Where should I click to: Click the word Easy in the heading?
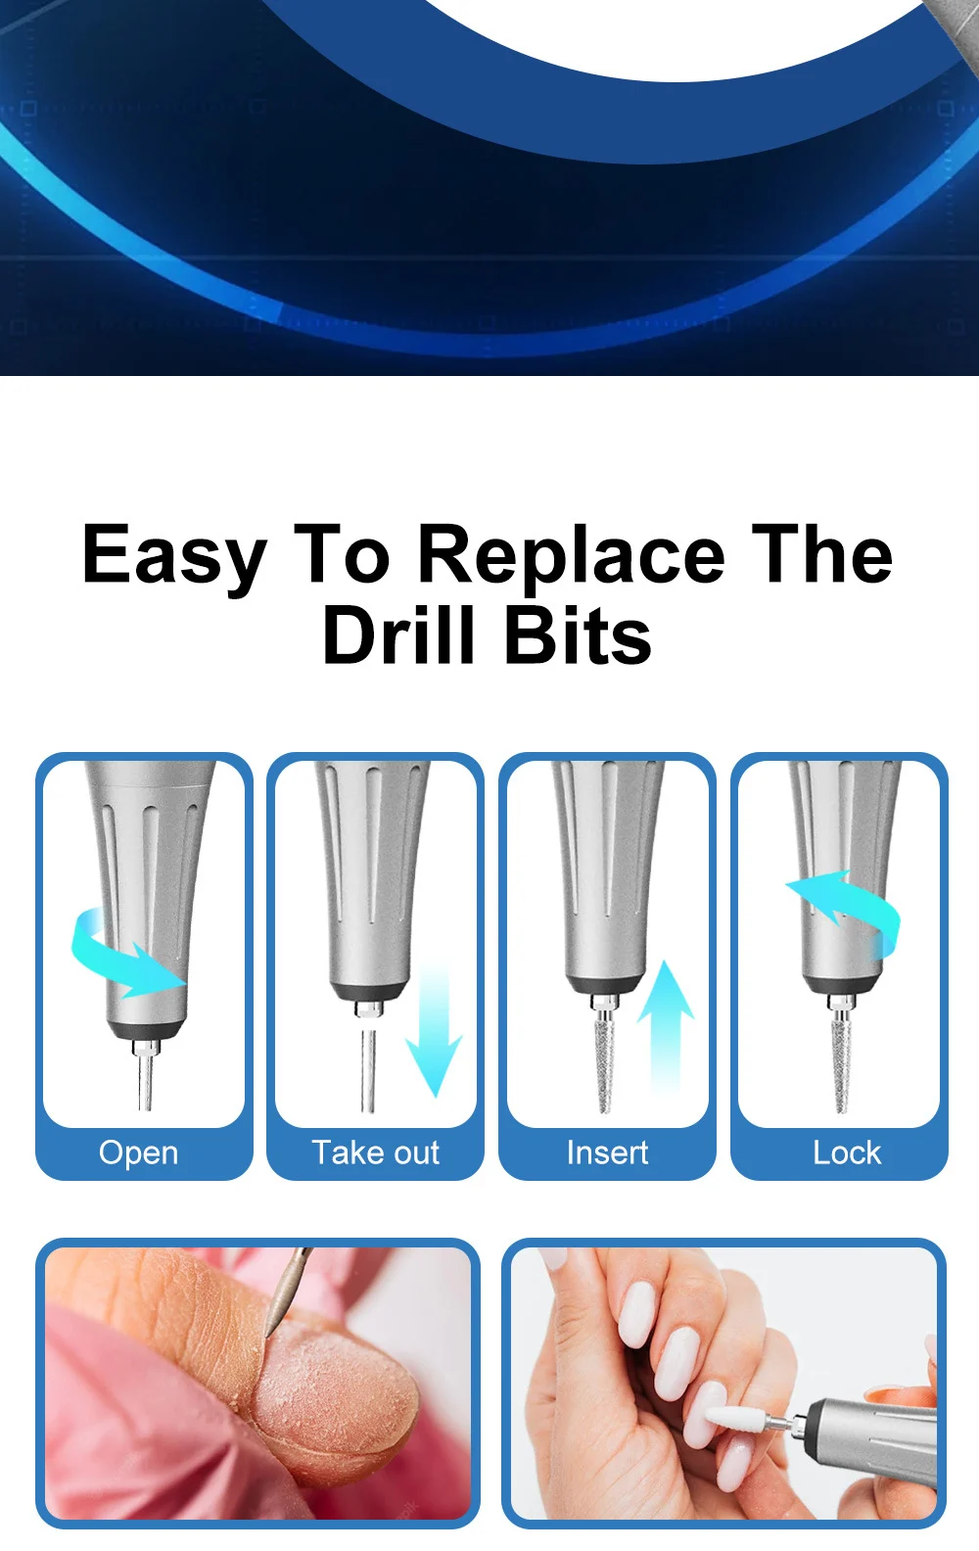tap(173, 555)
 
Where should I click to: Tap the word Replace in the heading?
tap(571, 555)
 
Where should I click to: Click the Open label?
tap(139, 1152)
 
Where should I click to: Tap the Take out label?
tap(375, 1152)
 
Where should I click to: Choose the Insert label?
tap(607, 1152)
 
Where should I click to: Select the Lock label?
tap(846, 1152)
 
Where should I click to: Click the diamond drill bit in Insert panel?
tap(605, 1062)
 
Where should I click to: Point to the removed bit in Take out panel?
tap(368, 1072)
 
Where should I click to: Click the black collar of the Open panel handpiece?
tap(147, 1030)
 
